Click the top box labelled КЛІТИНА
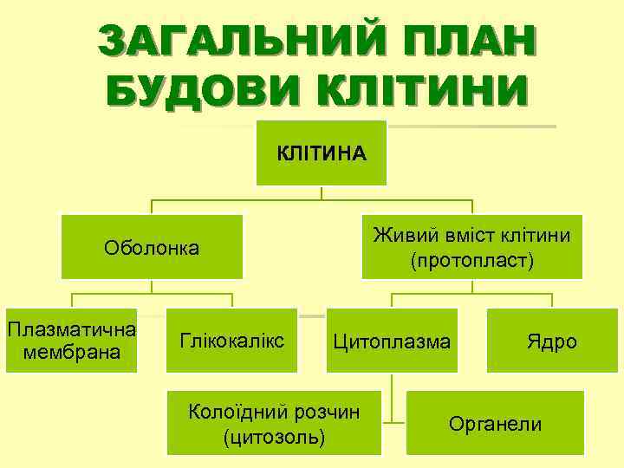[322, 153]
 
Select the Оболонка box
[152, 248]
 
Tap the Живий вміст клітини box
[472, 246]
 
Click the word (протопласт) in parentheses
[472, 260]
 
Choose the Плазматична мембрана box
[71, 341]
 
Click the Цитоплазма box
[392, 341]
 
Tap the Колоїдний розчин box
[274, 422]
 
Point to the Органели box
[495, 423]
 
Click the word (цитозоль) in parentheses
[274, 438]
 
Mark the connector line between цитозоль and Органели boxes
[393, 423]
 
